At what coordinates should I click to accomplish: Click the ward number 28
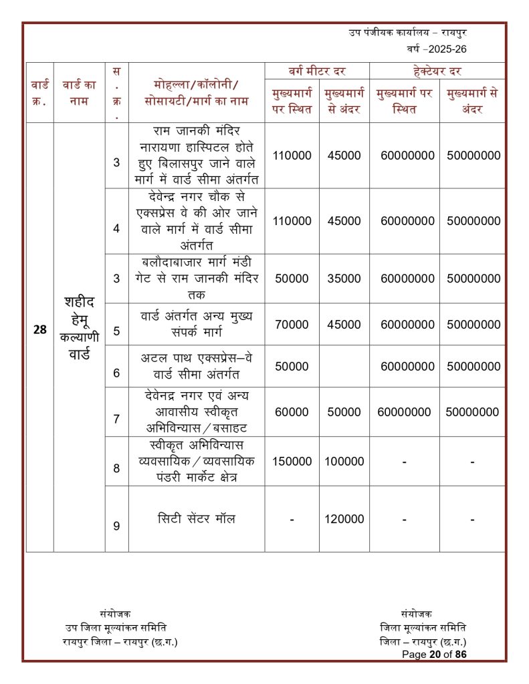pos(39,329)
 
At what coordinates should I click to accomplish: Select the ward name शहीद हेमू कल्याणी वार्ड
pos(78,327)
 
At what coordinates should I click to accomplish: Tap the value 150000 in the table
pos(292,462)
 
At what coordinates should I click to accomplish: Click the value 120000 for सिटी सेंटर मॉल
pos(344,519)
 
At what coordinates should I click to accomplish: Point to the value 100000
pos(344,462)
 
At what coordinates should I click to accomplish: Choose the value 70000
pos(292,325)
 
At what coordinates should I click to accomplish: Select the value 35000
pos(344,279)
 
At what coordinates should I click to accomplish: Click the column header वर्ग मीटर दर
pos(316,71)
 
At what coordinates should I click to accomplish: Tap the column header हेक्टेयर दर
pos(437,71)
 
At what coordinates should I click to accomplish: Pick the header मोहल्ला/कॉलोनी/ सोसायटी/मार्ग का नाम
pos(196,93)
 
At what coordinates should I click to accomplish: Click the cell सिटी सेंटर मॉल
pos(196,519)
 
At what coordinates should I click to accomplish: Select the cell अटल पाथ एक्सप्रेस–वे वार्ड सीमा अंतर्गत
pos(196,366)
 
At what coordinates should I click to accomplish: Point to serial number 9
pos(116,526)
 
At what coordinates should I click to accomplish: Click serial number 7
pos(116,419)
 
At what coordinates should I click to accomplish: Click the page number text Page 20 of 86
pos(434,655)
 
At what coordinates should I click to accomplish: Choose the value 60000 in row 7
pos(292,412)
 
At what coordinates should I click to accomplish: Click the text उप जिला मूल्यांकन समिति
pos(116,627)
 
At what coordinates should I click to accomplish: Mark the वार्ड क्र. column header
pos(39,93)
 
